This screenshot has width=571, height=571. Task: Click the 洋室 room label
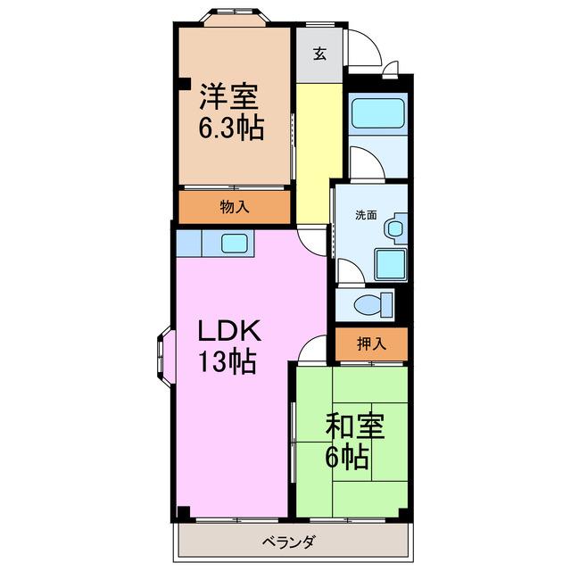(228, 96)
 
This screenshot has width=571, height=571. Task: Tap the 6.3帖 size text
(231, 128)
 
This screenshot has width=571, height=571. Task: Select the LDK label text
(229, 330)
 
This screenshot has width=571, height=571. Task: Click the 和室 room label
(355, 426)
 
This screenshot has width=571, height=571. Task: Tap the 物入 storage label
(235, 207)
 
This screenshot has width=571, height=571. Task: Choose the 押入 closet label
(371, 343)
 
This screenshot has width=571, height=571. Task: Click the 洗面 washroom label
(366, 215)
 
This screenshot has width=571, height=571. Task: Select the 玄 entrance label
(319, 54)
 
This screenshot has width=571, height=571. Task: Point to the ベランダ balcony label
(288, 542)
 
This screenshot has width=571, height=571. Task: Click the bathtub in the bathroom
(377, 113)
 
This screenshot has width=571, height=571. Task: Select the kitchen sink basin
(235, 243)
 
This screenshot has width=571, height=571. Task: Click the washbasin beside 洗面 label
(394, 229)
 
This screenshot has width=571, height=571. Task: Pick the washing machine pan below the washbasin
(391, 264)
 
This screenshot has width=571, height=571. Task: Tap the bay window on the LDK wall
(164, 356)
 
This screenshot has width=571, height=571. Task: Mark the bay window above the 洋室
(235, 17)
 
